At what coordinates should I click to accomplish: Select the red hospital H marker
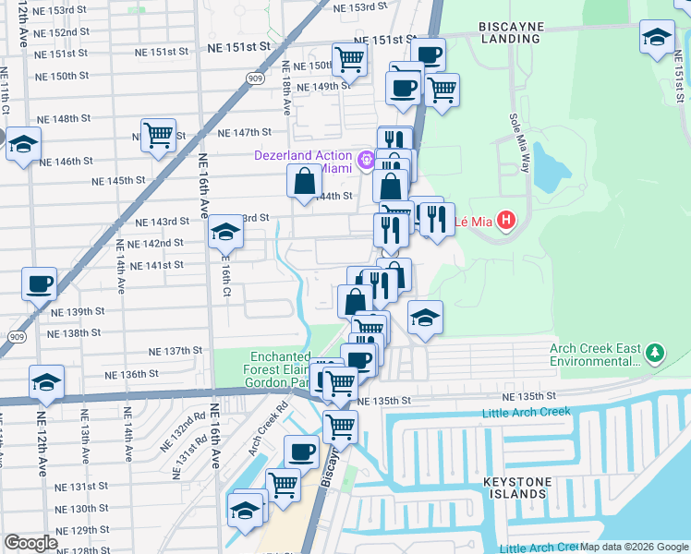click(505, 221)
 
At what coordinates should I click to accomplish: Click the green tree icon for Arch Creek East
click(655, 353)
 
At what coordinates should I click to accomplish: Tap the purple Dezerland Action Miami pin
click(367, 160)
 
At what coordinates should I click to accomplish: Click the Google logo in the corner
click(30, 543)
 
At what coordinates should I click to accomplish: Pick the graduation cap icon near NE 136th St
click(46, 381)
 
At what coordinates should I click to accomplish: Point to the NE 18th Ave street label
click(286, 88)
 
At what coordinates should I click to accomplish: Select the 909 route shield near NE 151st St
click(254, 79)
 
